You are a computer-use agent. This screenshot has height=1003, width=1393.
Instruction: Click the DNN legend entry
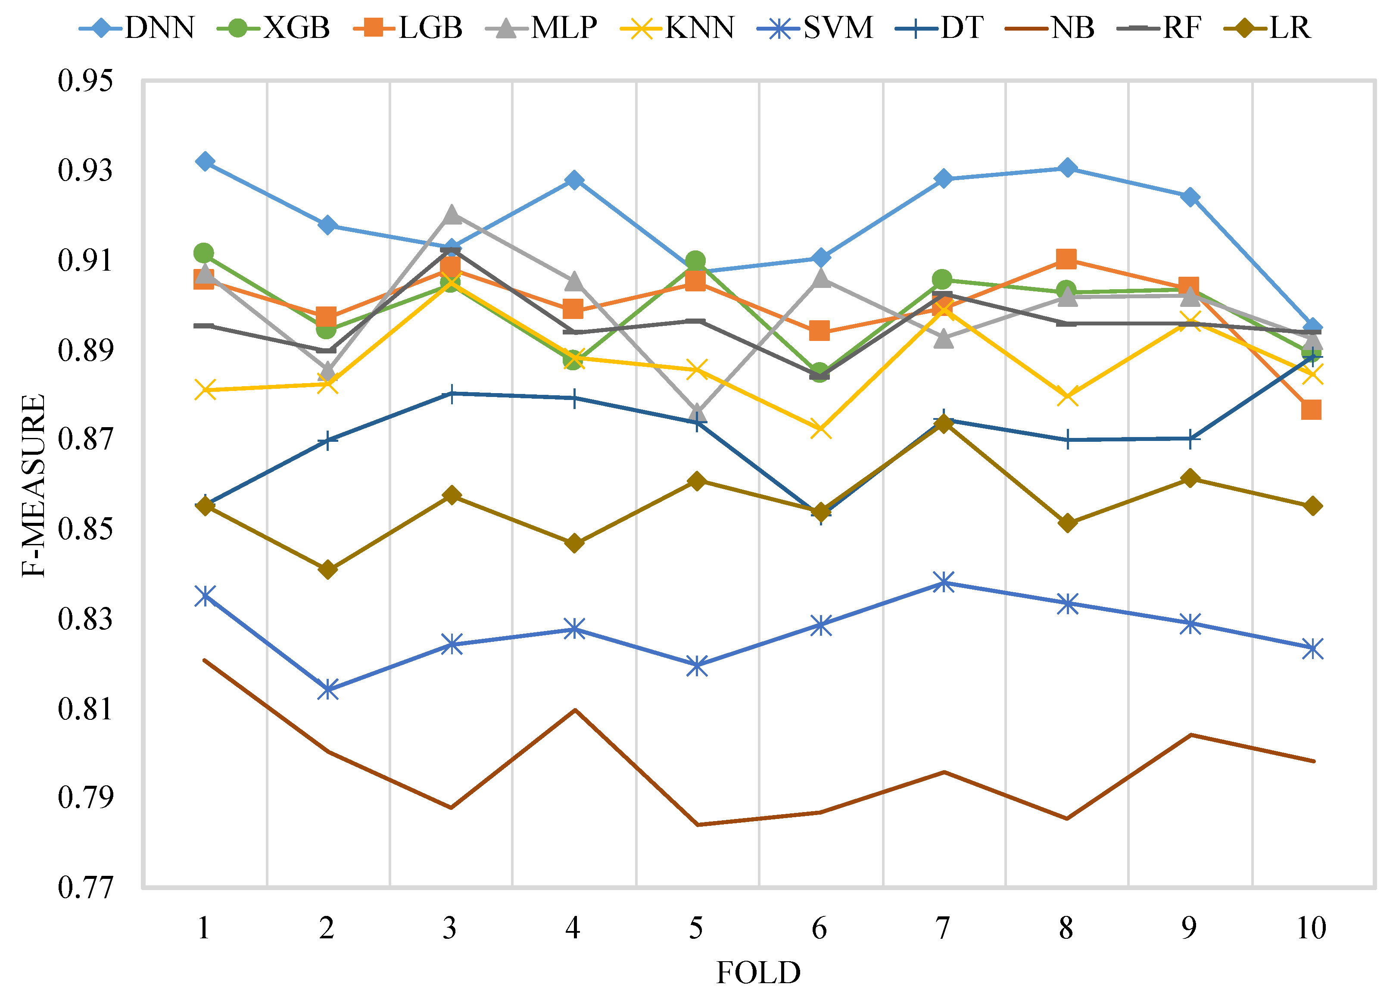pos(136,28)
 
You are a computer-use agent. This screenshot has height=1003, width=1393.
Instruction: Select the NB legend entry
pos(1050,28)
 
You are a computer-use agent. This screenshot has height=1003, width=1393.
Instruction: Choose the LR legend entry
pos(1267,28)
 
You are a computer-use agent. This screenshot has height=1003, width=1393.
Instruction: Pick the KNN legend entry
pos(677,28)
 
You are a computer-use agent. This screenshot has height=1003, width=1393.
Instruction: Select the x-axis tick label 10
pos(1311,928)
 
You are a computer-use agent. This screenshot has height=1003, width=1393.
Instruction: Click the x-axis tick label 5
pos(696,928)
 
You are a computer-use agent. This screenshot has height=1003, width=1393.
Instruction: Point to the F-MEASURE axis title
pos(34,485)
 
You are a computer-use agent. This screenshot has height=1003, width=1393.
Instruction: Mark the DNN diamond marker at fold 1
pos(205,162)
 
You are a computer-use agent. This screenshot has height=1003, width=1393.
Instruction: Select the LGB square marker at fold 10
pos(1311,409)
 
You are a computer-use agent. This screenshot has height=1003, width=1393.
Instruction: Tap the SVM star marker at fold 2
pos(328,690)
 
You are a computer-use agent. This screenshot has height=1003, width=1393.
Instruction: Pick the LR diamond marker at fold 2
pos(328,570)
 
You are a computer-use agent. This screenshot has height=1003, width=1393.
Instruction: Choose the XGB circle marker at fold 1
pos(203,253)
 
